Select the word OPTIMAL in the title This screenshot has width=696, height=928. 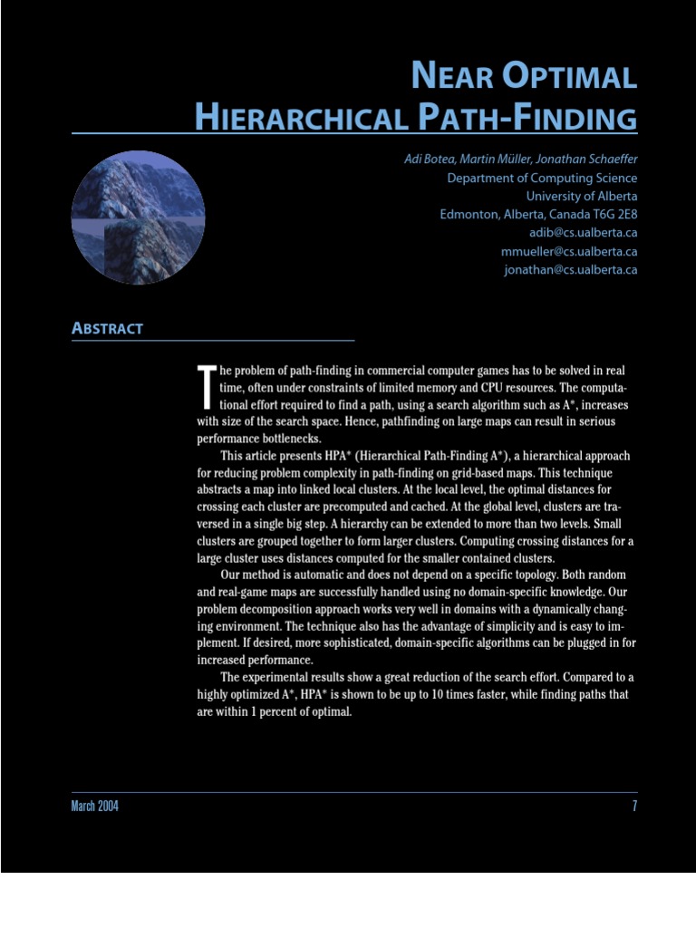tap(569, 77)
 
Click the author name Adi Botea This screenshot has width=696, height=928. tap(430, 159)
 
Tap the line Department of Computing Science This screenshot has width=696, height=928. tap(542, 179)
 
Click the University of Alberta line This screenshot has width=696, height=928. tap(582, 197)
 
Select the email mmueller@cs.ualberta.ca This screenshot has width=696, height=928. tap(569, 252)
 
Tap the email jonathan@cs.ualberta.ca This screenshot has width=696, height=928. tap(571, 270)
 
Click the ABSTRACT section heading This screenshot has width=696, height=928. tap(107, 329)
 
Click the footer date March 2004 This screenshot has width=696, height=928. tap(94, 807)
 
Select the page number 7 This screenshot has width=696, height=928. tap(634, 807)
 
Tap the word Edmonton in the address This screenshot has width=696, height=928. tap(467, 215)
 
